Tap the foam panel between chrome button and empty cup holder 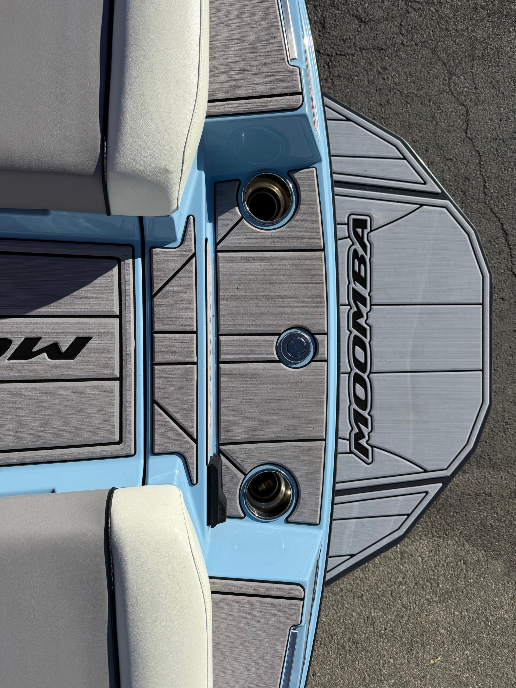click(271, 292)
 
